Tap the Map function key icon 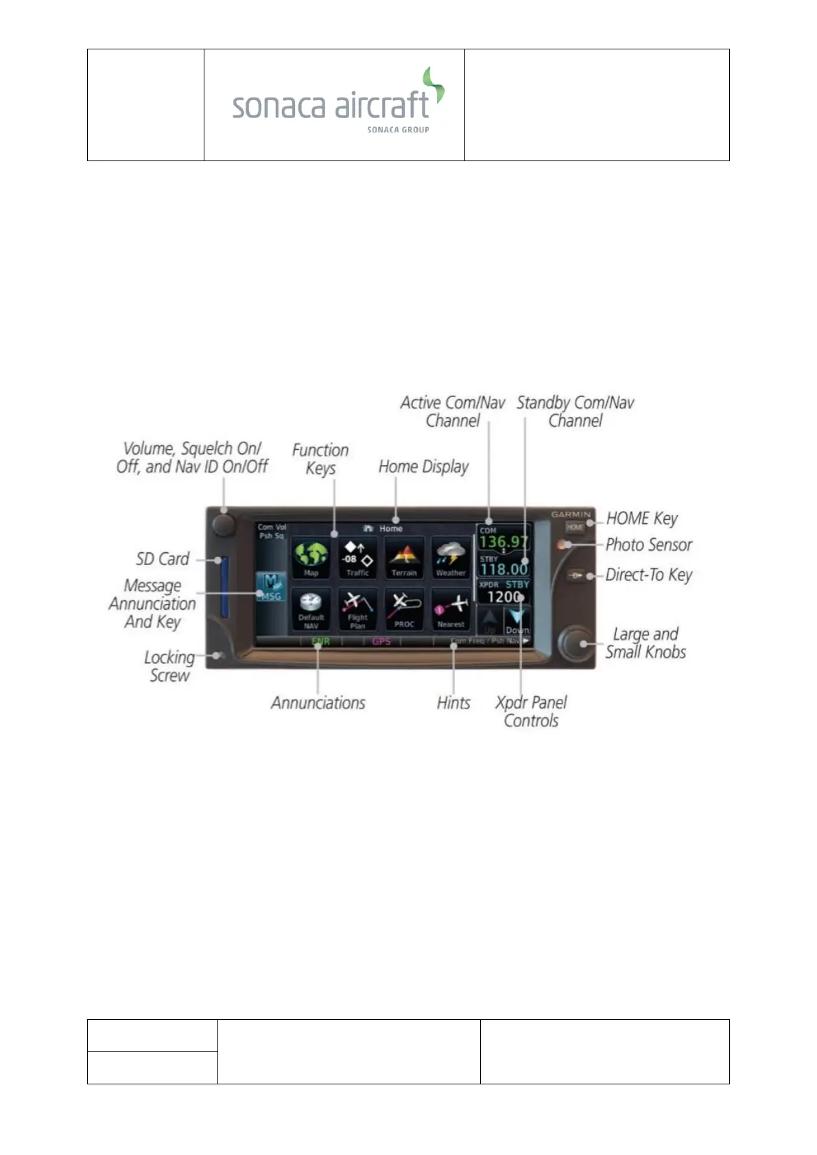[x=311, y=557]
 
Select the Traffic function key [x=357, y=557]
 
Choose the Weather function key [x=451, y=557]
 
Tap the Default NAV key [x=311, y=608]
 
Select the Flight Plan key [x=357, y=608]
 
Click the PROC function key [x=404, y=608]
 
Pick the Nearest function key [x=451, y=608]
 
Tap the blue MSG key [x=271, y=588]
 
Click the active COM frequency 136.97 [x=504, y=542]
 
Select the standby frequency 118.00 [x=504, y=569]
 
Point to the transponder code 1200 [x=504, y=597]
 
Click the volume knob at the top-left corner [x=224, y=525]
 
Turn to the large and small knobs [x=576, y=643]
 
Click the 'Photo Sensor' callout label [x=648, y=545]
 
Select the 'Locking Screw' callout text [x=169, y=666]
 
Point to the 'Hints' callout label [x=453, y=702]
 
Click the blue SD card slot [x=224, y=586]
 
